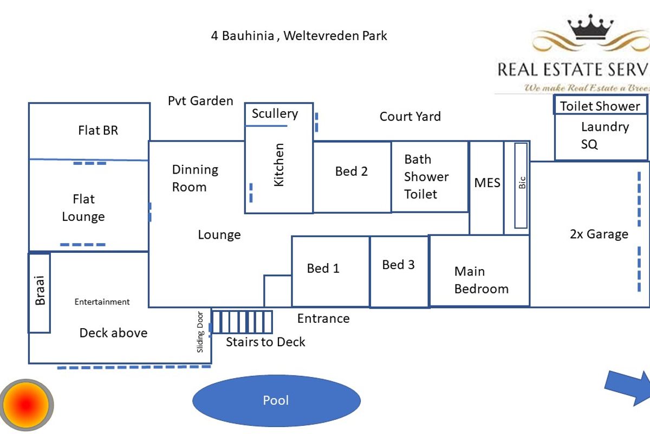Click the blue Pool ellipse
click(276, 401)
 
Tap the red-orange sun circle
click(27, 405)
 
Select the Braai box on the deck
click(40, 292)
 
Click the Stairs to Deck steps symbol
click(242, 322)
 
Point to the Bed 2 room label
click(351, 171)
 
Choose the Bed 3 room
click(399, 271)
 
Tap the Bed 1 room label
click(323, 269)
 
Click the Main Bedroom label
click(481, 280)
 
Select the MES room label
click(487, 183)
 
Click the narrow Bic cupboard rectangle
click(521, 185)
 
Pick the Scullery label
click(275, 114)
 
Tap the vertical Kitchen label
click(279, 165)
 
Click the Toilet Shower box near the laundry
click(600, 106)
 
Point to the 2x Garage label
click(599, 234)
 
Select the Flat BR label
click(98, 130)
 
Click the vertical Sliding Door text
click(200, 331)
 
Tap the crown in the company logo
click(590, 27)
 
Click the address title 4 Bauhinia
click(299, 36)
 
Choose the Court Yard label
click(410, 117)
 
